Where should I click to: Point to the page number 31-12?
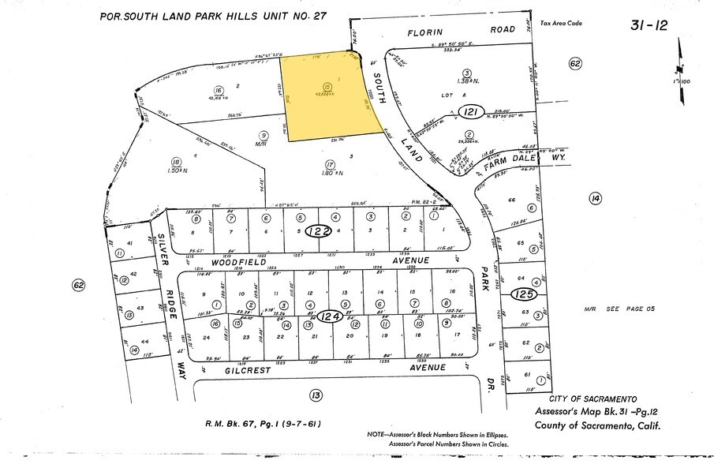tap(649, 25)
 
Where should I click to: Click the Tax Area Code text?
tap(561, 23)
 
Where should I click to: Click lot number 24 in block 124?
tap(207, 337)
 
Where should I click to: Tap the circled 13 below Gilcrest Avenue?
tap(316, 395)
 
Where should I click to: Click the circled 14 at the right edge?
tap(594, 199)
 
